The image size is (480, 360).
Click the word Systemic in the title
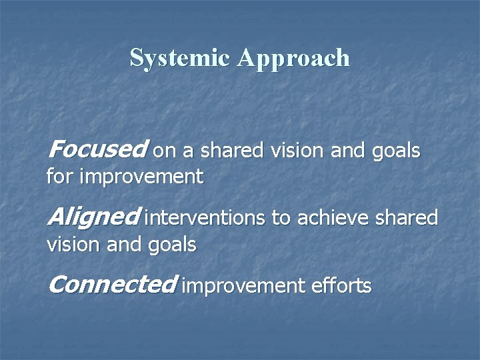click(180, 58)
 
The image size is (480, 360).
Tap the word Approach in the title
click(293, 59)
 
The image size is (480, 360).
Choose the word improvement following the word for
click(141, 177)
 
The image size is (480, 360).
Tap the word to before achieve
click(279, 219)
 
